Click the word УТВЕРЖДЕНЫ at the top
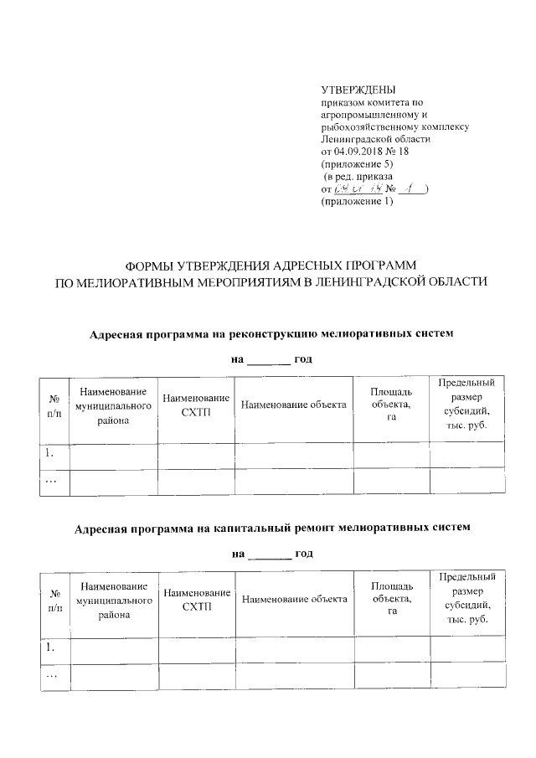[358, 90]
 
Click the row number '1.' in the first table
[50, 454]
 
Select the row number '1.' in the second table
[50, 647]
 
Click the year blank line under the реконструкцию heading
[269, 361]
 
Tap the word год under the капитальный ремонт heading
[304, 554]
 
